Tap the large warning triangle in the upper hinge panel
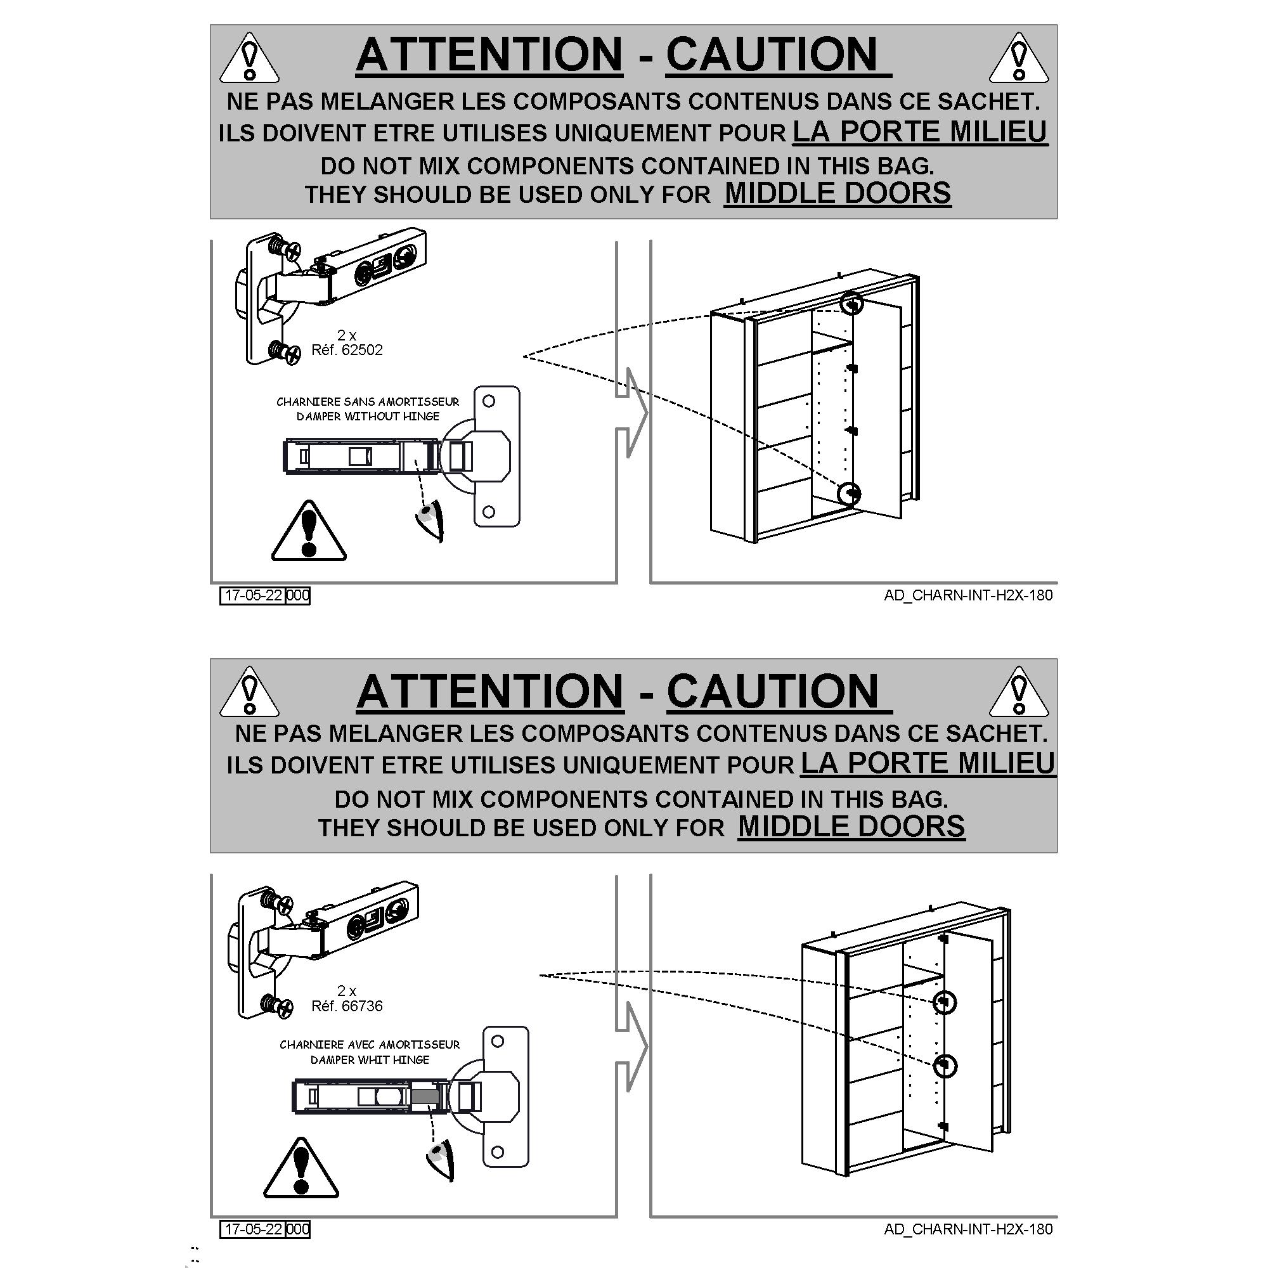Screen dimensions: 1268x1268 click(x=309, y=532)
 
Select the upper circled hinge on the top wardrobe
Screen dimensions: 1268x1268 click(x=853, y=303)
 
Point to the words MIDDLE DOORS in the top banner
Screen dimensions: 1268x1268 click(x=838, y=193)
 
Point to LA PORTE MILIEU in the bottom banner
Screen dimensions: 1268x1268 click(x=928, y=763)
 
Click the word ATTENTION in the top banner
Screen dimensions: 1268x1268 click(x=489, y=54)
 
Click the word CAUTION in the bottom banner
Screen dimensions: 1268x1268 click(x=772, y=692)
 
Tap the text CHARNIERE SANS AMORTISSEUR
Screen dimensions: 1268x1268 click(x=368, y=402)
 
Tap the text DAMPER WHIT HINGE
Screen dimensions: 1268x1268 click(x=370, y=1060)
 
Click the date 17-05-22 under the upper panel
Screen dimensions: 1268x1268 click(x=254, y=595)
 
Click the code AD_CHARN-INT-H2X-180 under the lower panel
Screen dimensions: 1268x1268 click(x=968, y=1229)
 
